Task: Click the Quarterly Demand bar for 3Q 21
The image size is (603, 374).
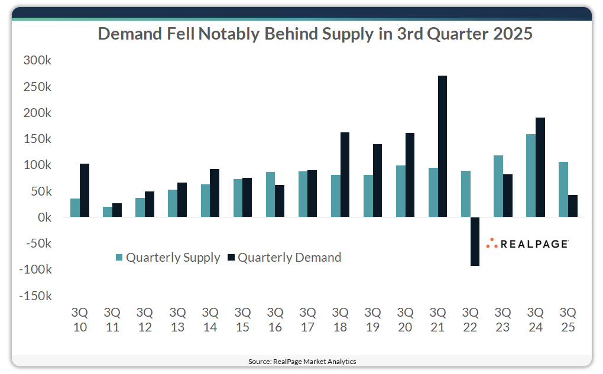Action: click(x=442, y=147)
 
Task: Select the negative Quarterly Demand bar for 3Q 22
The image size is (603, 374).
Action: click(x=475, y=241)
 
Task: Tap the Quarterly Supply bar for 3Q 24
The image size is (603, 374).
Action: click(x=531, y=175)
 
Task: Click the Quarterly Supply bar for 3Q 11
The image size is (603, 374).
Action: click(x=108, y=212)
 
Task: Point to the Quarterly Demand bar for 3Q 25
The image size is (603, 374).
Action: click(x=572, y=206)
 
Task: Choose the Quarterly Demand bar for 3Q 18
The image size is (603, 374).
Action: click(x=345, y=174)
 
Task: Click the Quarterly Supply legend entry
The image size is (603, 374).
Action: click(x=167, y=258)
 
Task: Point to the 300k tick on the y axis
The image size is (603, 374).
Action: click(x=37, y=60)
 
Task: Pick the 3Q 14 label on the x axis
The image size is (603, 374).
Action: click(x=210, y=319)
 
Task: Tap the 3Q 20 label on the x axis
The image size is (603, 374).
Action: click(x=405, y=319)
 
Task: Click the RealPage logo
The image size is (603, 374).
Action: click(x=527, y=243)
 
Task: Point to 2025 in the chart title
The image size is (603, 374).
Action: click(x=511, y=34)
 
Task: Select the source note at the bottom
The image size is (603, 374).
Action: click(x=301, y=361)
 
